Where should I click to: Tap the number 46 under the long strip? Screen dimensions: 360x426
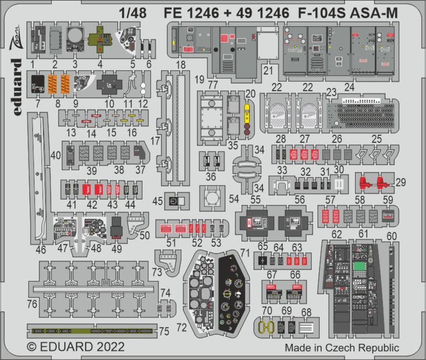point(40,250)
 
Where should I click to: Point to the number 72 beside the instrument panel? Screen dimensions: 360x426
point(181,328)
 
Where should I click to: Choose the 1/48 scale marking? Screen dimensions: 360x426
point(133,14)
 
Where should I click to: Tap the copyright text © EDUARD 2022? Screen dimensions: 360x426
point(76,346)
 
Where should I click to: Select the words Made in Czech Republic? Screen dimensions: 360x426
point(342,348)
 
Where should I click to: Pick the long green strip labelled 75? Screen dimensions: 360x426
point(92,331)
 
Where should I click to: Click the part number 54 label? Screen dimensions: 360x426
point(233,199)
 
